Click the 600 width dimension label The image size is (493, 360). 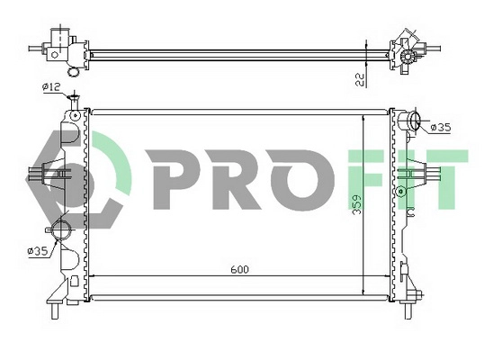coord(238,269)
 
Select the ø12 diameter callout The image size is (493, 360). coord(51,86)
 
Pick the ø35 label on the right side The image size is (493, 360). coord(440,128)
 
